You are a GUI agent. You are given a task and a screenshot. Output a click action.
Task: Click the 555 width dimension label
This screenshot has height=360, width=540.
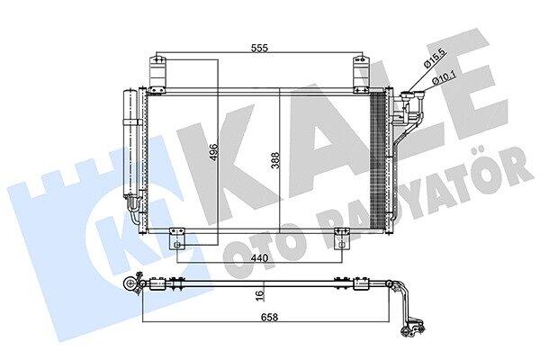click(x=259, y=48)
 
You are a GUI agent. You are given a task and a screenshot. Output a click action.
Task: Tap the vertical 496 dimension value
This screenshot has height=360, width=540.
click(x=213, y=152)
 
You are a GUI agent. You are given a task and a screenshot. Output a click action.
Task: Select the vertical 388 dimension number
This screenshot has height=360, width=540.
click(x=274, y=160)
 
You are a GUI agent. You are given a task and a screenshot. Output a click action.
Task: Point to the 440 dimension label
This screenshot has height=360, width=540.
click(x=259, y=257)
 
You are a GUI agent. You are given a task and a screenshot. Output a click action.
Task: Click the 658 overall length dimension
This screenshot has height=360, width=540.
click(x=269, y=317)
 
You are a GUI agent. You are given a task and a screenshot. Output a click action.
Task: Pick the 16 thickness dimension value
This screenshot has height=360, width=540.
click(x=260, y=294)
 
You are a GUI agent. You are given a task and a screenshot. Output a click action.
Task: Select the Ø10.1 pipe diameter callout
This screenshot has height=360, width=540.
click(x=444, y=76)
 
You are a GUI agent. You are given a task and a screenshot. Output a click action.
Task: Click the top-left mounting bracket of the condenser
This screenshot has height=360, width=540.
click(x=157, y=74)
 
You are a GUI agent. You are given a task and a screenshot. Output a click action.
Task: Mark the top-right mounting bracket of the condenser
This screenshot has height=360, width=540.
click(x=361, y=74)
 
